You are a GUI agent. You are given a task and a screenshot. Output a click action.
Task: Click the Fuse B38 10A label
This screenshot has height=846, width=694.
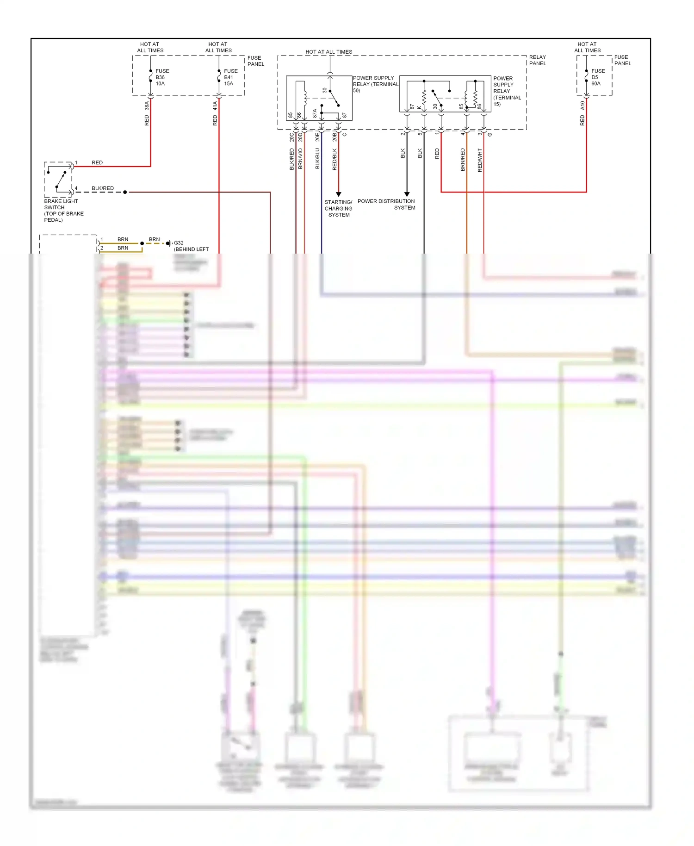click(162, 77)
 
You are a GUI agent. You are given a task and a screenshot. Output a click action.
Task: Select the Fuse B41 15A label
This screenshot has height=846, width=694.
click(230, 77)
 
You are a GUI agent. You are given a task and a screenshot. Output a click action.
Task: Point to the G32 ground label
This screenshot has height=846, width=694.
click(179, 243)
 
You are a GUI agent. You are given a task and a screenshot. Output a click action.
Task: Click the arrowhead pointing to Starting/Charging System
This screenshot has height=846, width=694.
click(338, 194)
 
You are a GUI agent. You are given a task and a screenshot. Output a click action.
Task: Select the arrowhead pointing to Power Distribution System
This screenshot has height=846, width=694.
click(407, 194)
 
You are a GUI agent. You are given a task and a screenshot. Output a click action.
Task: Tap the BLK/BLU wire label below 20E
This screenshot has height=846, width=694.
click(317, 158)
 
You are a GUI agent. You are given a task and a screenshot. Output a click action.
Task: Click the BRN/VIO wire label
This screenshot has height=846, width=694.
click(300, 158)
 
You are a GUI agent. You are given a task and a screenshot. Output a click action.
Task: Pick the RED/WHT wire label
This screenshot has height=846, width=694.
click(480, 160)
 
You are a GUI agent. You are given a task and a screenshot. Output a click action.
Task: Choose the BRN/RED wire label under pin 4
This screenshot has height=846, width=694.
click(463, 160)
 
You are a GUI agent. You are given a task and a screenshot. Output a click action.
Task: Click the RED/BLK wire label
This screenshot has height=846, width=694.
click(335, 159)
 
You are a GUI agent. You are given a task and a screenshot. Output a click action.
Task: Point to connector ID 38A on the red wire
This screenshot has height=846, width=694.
click(147, 106)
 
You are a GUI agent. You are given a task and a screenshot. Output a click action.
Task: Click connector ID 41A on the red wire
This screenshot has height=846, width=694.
click(215, 106)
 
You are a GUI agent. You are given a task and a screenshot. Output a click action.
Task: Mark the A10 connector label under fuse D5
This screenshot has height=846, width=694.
click(582, 106)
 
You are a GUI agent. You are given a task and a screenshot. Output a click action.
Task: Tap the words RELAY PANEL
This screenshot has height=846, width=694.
click(537, 60)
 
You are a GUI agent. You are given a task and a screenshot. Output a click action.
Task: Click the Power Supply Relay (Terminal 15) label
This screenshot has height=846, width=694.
click(507, 91)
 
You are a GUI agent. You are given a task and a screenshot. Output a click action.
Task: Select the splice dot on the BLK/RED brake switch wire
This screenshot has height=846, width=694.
click(125, 192)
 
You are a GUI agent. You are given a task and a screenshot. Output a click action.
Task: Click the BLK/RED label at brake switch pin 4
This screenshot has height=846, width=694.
click(102, 188)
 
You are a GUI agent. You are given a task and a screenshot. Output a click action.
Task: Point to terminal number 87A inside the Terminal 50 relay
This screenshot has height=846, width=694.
click(315, 113)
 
